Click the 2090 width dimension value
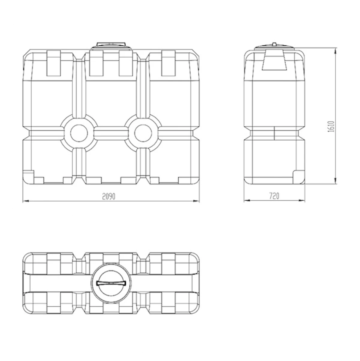[x=109, y=196]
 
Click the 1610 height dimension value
[x=331, y=127]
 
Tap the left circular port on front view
[x=79, y=133]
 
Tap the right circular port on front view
[x=143, y=133]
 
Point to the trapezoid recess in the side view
[x=274, y=60]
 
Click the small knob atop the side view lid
[x=274, y=44]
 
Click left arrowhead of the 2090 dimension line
[x=25, y=201]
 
